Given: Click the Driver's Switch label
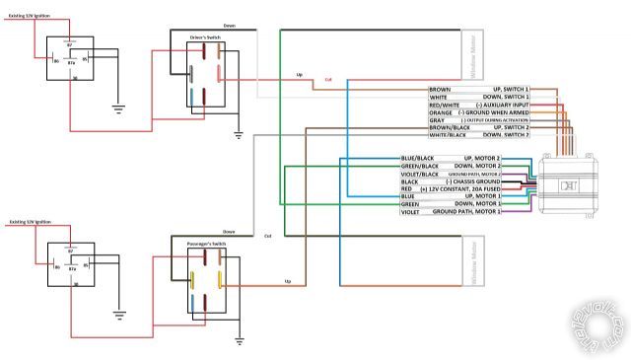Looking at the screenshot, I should click(x=207, y=36).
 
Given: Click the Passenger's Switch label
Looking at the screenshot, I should click(x=208, y=240).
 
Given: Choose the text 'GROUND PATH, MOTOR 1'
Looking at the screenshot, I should click(x=466, y=211).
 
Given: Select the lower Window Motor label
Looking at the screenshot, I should click(x=473, y=264).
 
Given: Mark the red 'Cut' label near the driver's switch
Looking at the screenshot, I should click(x=327, y=80).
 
